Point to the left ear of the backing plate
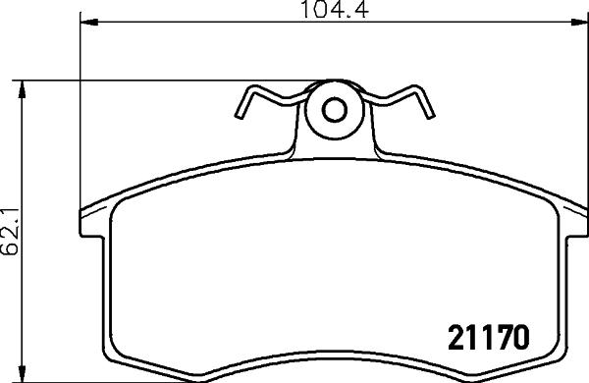(90, 213)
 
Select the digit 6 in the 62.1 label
(11, 252)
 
